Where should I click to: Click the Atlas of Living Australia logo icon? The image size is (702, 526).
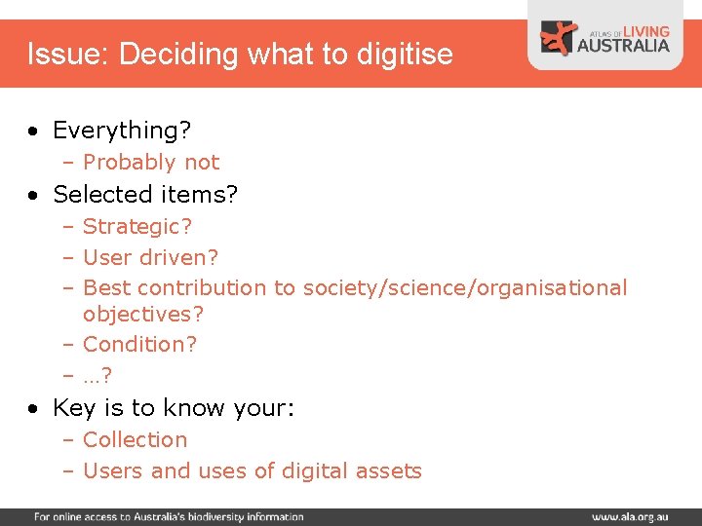pyautogui.click(x=560, y=38)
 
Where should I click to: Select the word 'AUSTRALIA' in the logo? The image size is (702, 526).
pyautogui.click(x=624, y=45)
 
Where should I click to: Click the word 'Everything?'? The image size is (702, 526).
pyautogui.click(x=122, y=131)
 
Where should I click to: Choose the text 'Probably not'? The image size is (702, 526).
pyautogui.click(x=151, y=162)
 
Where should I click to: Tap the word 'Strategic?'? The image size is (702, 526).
pyautogui.click(x=137, y=227)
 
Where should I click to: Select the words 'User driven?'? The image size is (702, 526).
pyautogui.click(x=151, y=257)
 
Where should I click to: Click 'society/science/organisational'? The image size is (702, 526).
pyautogui.click(x=465, y=287)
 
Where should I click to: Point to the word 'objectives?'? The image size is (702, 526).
pyautogui.click(x=143, y=315)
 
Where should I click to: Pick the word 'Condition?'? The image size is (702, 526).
pyautogui.click(x=139, y=344)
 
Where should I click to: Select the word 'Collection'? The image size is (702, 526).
pyautogui.click(x=135, y=439)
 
